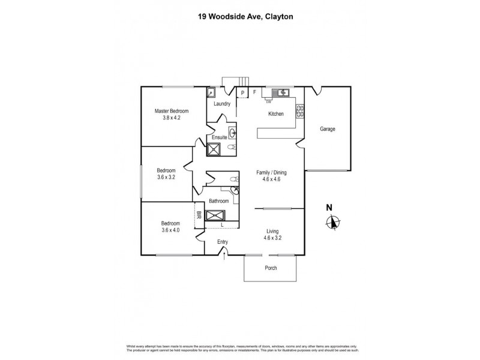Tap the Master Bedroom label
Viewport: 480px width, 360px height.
(x=172, y=111)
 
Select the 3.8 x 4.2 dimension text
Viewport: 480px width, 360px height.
(x=172, y=118)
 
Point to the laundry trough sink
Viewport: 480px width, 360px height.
(x=212, y=92)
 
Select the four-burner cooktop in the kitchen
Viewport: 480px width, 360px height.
(x=299, y=111)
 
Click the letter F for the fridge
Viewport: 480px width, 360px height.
(x=254, y=92)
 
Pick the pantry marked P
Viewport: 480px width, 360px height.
(x=243, y=92)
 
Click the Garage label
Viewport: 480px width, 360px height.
(x=327, y=129)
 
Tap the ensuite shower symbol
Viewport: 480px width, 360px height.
(x=214, y=149)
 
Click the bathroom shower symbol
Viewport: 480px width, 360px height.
(x=215, y=216)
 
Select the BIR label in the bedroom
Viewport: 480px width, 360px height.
(x=199, y=215)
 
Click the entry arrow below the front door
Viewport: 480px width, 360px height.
(x=225, y=256)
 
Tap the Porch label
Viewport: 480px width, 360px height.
(x=271, y=268)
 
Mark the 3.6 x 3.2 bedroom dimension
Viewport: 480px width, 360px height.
(x=166, y=177)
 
